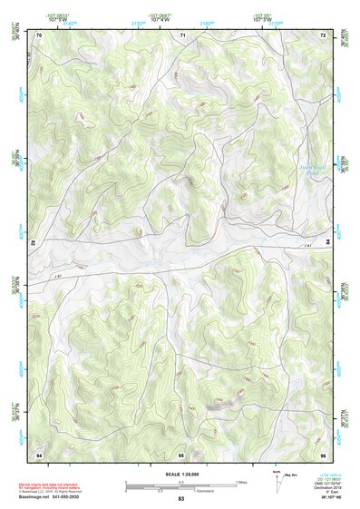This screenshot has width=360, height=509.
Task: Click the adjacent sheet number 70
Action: pos(39,34)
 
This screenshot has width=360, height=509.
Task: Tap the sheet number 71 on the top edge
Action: pos(181,34)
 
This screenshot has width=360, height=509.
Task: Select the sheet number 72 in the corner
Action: pos(322,34)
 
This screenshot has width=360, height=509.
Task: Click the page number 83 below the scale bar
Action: pos(180,500)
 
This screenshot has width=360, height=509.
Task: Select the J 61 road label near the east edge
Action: pos(306,244)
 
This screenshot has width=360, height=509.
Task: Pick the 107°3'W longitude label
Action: pos(263,18)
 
